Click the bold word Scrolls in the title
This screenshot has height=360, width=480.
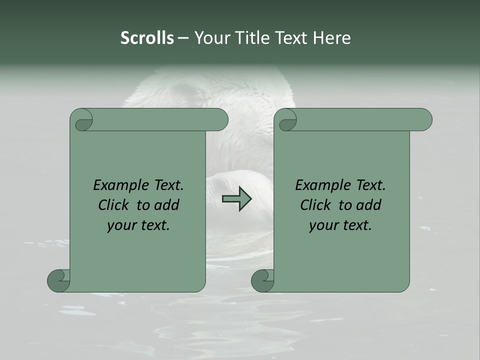click(x=147, y=37)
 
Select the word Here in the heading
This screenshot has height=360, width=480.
click(x=331, y=37)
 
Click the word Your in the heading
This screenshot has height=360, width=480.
click(x=210, y=37)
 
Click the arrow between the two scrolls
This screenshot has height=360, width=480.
click(x=237, y=198)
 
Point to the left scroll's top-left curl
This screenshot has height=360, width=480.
click(x=83, y=120)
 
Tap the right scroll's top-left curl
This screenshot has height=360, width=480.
click(x=287, y=120)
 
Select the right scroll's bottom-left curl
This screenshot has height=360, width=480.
click(x=262, y=280)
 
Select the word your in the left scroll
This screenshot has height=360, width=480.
click(x=121, y=225)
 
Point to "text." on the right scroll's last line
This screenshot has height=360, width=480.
click(x=355, y=225)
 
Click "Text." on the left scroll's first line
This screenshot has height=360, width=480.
click(x=167, y=185)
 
